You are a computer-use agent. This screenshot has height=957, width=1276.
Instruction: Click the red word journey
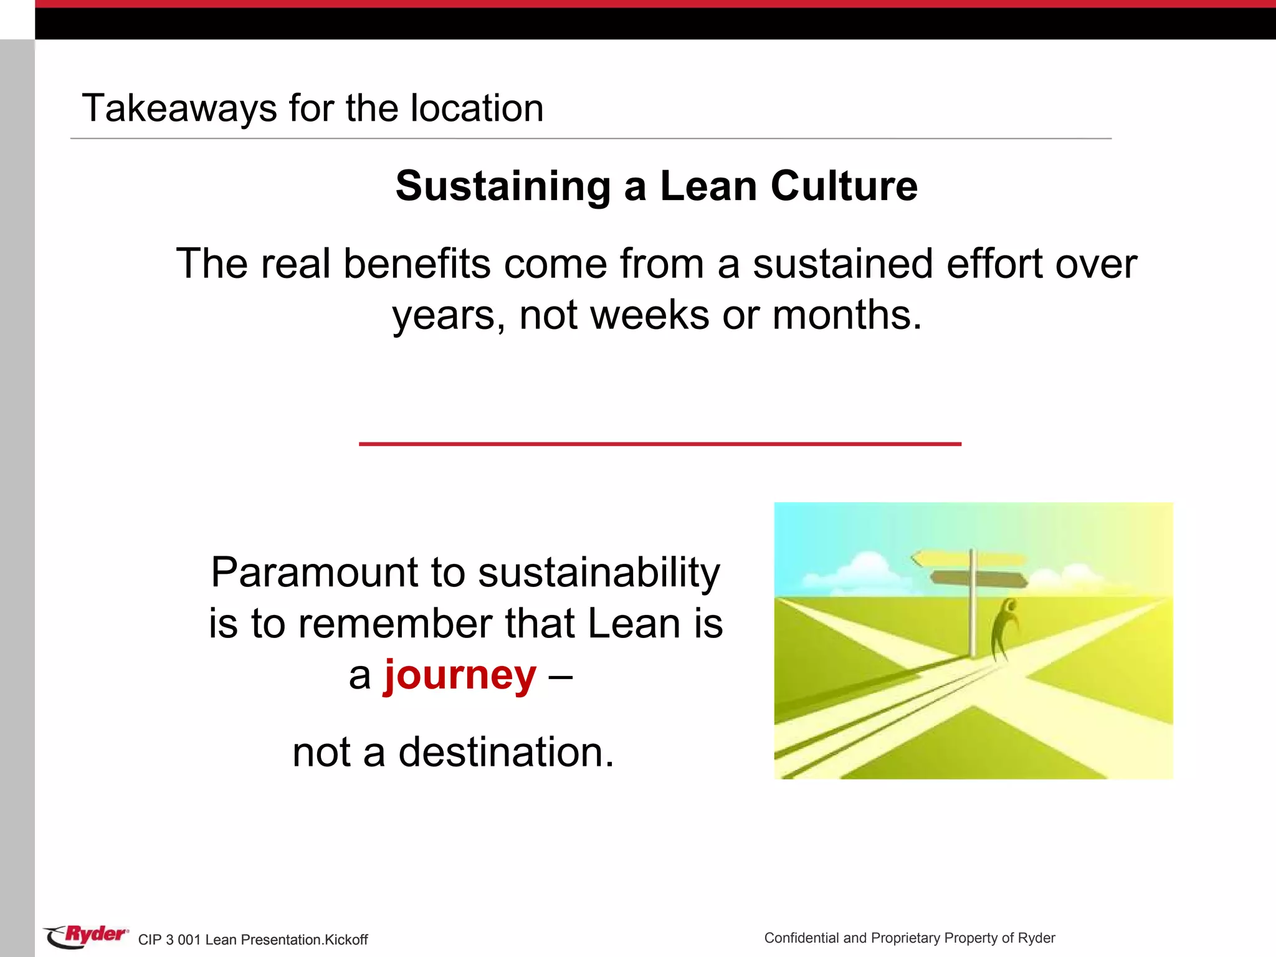click(x=460, y=675)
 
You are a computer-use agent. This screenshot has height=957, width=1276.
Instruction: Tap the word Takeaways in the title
click(x=179, y=108)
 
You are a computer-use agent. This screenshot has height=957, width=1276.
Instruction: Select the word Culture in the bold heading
click(x=844, y=186)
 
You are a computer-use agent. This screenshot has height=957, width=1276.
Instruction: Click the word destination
click(x=506, y=752)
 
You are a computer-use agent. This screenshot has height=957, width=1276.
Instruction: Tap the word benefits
click(x=416, y=264)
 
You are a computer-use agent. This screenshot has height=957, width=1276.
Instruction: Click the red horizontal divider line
click(x=660, y=444)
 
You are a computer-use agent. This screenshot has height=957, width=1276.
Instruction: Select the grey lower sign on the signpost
click(x=978, y=579)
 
